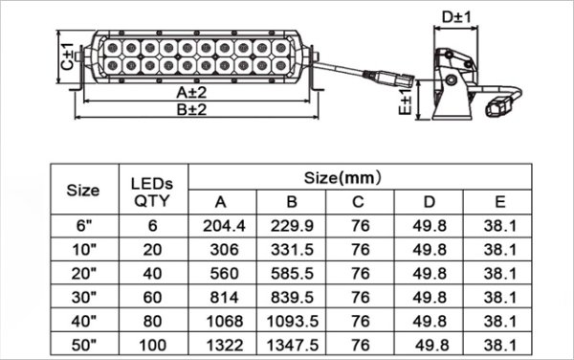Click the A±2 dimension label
[191, 93]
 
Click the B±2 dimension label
[191, 109]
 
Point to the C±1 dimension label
[67, 56]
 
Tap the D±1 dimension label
[456, 17]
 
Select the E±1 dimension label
[406, 101]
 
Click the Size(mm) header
[342, 178]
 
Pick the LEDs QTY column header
[152, 191]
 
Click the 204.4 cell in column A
[224, 226]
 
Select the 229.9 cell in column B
[292, 226]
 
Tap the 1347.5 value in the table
[292, 345]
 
